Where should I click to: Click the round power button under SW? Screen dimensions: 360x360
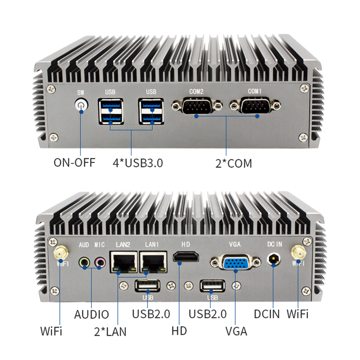pyautogui.click(x=81, y=105)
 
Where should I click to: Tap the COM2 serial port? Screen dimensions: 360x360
pyautogui.click(x=197, y=105)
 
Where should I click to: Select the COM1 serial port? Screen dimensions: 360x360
pyautogui.click(x=255, y=105)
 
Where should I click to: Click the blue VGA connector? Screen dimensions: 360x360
pyautogui.click(x=235, y=262)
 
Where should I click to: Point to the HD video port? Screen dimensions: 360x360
pyautogui.click(x=186, y=256)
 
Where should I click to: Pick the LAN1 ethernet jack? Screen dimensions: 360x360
pyautogui.click(x=153, y=262)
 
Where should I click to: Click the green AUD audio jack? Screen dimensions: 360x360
pyautogui.click(x=84, y=262)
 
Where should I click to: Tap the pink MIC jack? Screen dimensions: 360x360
pyautogui.click(x=100, y=262)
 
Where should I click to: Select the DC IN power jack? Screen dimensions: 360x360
pyautogui.click(x=274, y=260)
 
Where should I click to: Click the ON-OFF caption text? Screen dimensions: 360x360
pyautogui.click(x=74, y=162)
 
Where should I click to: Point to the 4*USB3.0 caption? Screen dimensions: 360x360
pyautogui.click(x=138, y=163)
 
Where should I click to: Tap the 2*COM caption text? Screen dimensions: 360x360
pyautogui.click(x=234, y=163)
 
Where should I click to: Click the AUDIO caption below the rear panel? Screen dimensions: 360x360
pyautogui.click(x=91, y=314)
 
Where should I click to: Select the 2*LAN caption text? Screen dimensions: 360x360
pyautogui.click(x=110, y=332)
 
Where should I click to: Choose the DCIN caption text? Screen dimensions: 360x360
pyautogui.click(x=267, y=314)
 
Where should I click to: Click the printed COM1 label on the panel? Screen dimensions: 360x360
pyautogui.click(x=255, y=91)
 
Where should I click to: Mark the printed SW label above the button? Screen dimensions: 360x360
pyautogui.click(x=81, y=93)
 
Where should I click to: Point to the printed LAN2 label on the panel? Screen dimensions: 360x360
pyautogui.click(x=123, y=244)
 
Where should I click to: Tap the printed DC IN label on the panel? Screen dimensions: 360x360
pyautogui.click(x=274, y=244)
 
